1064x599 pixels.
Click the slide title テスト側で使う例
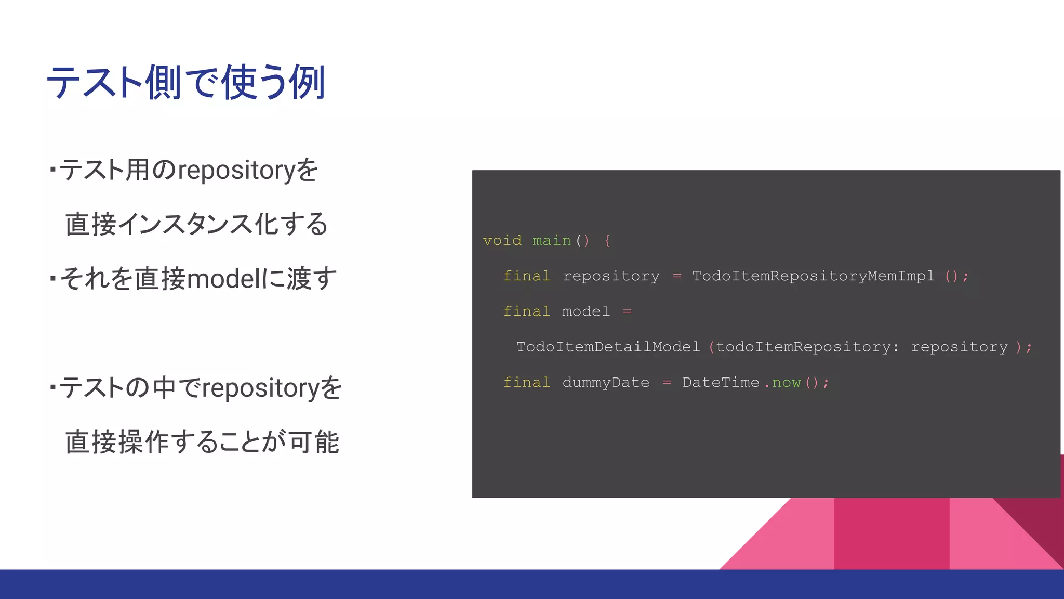[x=186, y=83]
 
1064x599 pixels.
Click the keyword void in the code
[x=502, y=241]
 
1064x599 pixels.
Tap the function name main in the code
[x=551, y=241]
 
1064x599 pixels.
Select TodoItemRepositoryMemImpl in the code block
[x=813, y=276]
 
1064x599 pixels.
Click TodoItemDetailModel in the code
[x=608, y=347]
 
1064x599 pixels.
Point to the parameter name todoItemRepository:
[x=807, y=347]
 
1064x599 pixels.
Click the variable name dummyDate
[x=606, y=383]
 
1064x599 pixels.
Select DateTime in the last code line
[x=721, y=383]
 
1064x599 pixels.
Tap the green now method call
[x=786, y=383]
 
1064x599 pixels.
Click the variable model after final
[x=586, y=311]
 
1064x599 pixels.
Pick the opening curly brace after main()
[x=607, y=241]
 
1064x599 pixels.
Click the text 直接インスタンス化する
[x=196, y=225]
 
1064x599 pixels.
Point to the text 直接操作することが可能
[x=202, y=442]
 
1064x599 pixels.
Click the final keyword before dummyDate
[x=526, y=383]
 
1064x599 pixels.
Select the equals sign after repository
[x=676, y=276]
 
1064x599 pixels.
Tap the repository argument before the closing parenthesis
[x=959, y=347]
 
